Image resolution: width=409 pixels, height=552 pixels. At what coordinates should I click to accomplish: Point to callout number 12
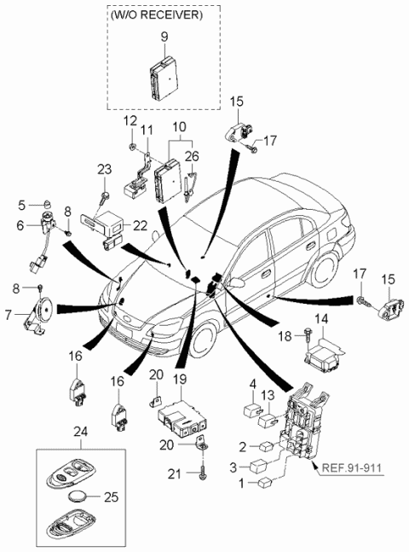click(130, 123)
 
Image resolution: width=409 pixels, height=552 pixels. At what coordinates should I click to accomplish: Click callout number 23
click(104, 171)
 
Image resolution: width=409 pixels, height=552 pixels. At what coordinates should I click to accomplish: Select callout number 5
click(22, 205)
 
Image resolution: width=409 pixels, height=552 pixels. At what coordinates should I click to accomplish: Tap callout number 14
click(320, 319)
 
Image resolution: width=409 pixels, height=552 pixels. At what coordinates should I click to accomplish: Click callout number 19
click(180, 379)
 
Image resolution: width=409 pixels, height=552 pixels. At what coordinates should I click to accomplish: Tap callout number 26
click(193, 155)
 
